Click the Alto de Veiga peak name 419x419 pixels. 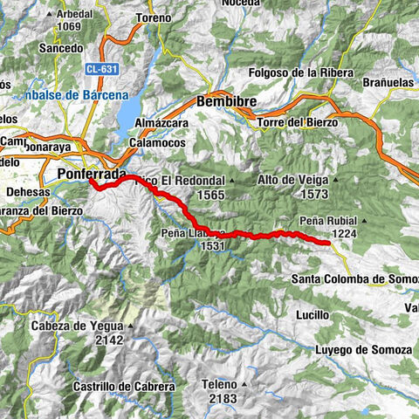pyautogui.click(x=292, y=179)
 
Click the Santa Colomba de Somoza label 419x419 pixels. pyautogui.click(x=354, y=279)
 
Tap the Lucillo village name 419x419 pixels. pyautogui.click(x=312, y=314)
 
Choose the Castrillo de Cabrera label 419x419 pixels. pyautogui.click(x=124, y=386)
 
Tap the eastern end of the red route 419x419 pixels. pyautogui.click(x=327, y=243)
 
